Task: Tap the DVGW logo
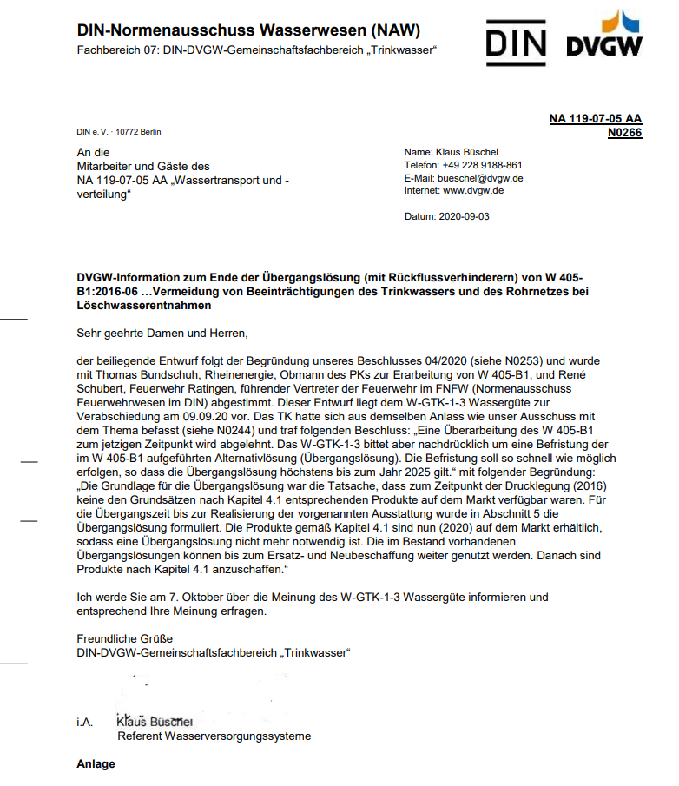pos(605,36)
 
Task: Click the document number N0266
pos(624,133)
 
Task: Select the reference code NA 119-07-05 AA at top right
pos(596,119)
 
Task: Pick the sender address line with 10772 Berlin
pos(119,132)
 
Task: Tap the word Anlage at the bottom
pos(96,764)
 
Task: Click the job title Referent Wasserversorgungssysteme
pos(214,736)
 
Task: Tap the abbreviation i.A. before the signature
pos(85,722)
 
